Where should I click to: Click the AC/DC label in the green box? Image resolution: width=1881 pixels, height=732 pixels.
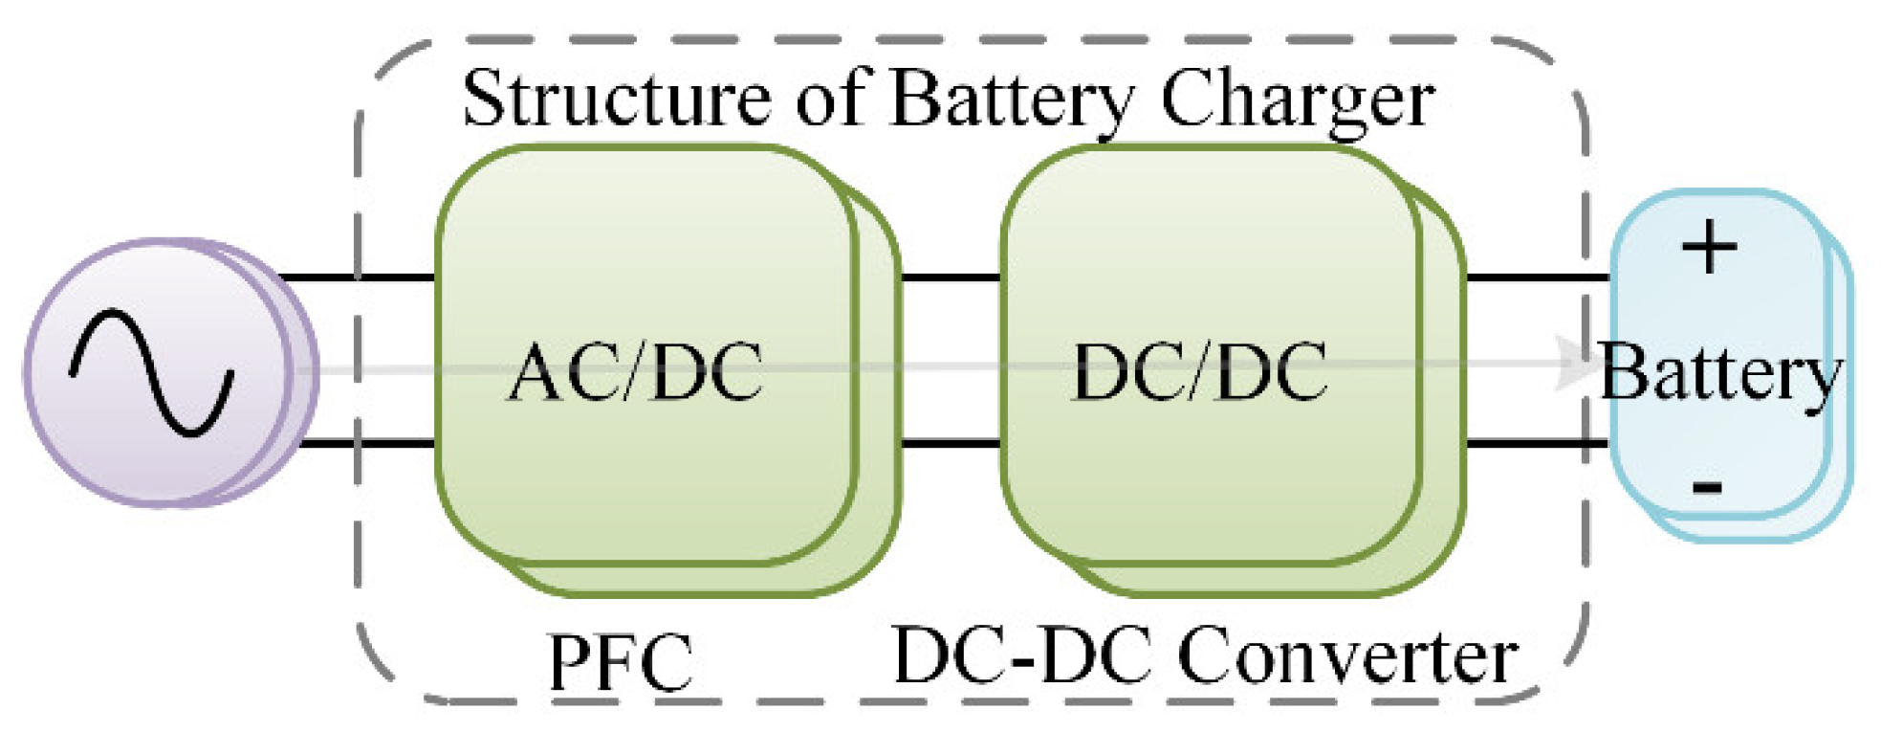(636, 373)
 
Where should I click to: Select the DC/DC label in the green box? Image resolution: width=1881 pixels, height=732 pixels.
(1200, 373)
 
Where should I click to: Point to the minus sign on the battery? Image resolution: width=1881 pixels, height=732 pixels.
(1707, 487)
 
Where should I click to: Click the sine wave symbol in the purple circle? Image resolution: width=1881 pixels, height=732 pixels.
(151, 373)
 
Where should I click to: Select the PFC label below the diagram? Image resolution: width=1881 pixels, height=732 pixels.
(620, 662)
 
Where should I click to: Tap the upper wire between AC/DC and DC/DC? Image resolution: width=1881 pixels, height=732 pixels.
(950, 278)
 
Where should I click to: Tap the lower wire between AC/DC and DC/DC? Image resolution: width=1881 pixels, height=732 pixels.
(950, 443)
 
